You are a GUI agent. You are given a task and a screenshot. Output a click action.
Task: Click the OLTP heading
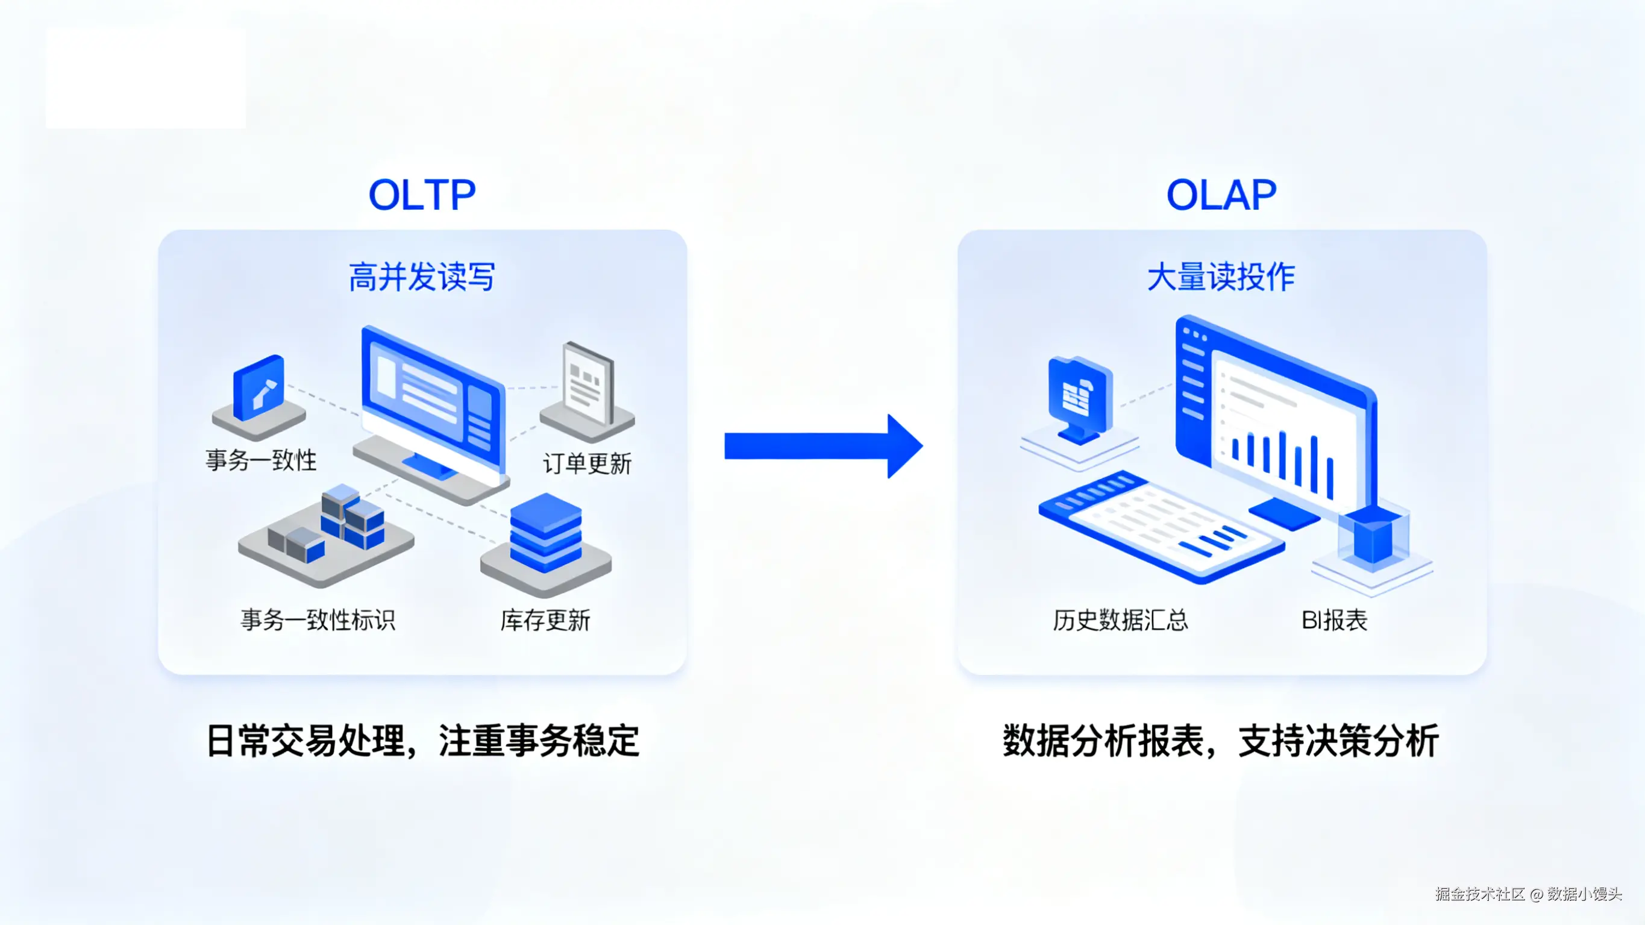click(422, 195)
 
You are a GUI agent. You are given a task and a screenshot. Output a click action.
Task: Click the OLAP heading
click(1220, 195)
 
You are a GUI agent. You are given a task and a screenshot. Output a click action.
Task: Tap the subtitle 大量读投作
click(1220, 277)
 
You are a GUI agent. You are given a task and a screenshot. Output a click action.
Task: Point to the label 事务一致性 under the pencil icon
click(260, 460)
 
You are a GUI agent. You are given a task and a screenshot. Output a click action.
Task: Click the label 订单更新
click(587, 464)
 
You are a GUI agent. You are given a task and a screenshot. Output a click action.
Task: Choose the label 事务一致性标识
click(318, 619)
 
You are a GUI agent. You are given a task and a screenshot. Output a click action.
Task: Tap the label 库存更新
click(545, 620)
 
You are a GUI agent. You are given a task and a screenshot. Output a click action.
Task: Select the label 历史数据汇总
click(1120, 620)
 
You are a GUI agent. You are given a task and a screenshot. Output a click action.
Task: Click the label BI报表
click(1334, 620)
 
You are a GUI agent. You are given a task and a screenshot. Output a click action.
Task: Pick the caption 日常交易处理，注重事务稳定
click(423, 741)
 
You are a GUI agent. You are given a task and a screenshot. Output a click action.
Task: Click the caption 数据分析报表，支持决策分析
click(1220, 741)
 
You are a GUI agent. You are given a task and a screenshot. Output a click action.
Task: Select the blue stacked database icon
click(545, 532)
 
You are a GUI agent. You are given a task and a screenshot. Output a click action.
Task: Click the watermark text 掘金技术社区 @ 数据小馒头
click(1528, 894)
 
